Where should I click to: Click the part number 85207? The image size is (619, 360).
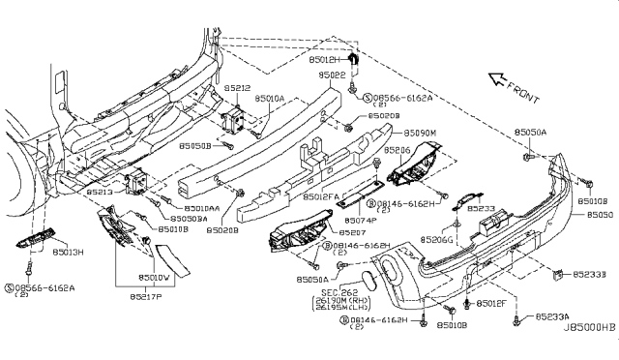pos(354,233)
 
